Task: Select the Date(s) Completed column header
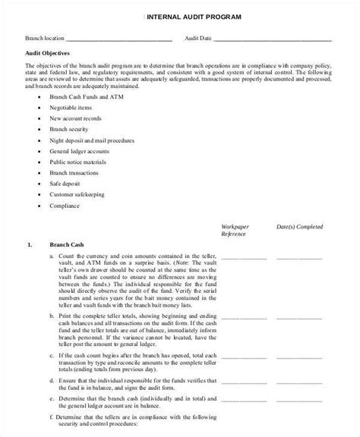click(300, 226)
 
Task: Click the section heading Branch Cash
click(65, 246)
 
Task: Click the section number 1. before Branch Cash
click(29, 246)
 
